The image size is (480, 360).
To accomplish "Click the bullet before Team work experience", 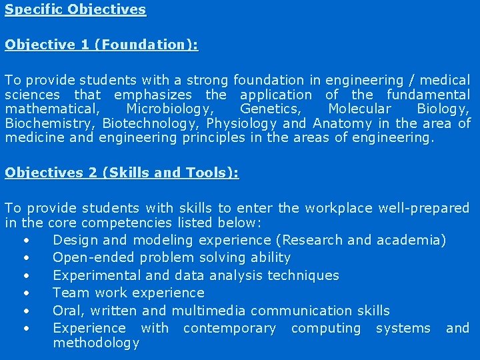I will click(x=26, y=293).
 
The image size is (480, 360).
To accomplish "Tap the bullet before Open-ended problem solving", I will click(x=26, y=257).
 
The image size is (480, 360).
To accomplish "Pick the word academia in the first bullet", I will click(x=408, y=240).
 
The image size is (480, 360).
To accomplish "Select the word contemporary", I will click(x=229, y=328).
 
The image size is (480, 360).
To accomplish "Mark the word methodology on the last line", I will click(x=96, y=343).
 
